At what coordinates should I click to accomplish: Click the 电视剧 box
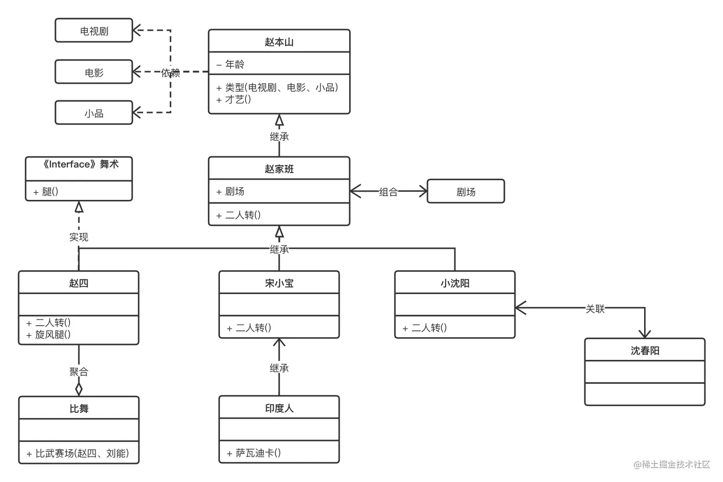(x=94, y=31)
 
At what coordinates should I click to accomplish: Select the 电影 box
(x=94, y=73)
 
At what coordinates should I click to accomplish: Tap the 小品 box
(x=94, y=113)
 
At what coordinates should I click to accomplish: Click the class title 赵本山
(x=279, y=42)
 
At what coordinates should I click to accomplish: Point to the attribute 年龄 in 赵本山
(x=235, y=64)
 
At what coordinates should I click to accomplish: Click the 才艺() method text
(x=238, y=99)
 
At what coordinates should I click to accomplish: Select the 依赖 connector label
(x=170, y=73)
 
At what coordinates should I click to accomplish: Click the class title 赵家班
(x=279, y=169)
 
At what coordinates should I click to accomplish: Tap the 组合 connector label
(x=388, y=192)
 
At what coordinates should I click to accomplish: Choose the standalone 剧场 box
(x=466, y=192)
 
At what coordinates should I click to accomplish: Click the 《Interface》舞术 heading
(x=79, y=164)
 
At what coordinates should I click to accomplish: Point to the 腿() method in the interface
(x=50, y=192)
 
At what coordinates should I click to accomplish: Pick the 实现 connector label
(x=78, y=237)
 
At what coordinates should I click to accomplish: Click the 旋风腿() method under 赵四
(x=53, y=335)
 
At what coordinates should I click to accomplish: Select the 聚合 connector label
(x=78, y=372)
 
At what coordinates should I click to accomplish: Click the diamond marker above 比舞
(x=79, y=388)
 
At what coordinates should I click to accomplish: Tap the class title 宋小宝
(x=279, y=283)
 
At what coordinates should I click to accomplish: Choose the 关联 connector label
(x=595, y=309)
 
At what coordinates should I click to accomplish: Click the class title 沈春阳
(x=645, y=351)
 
